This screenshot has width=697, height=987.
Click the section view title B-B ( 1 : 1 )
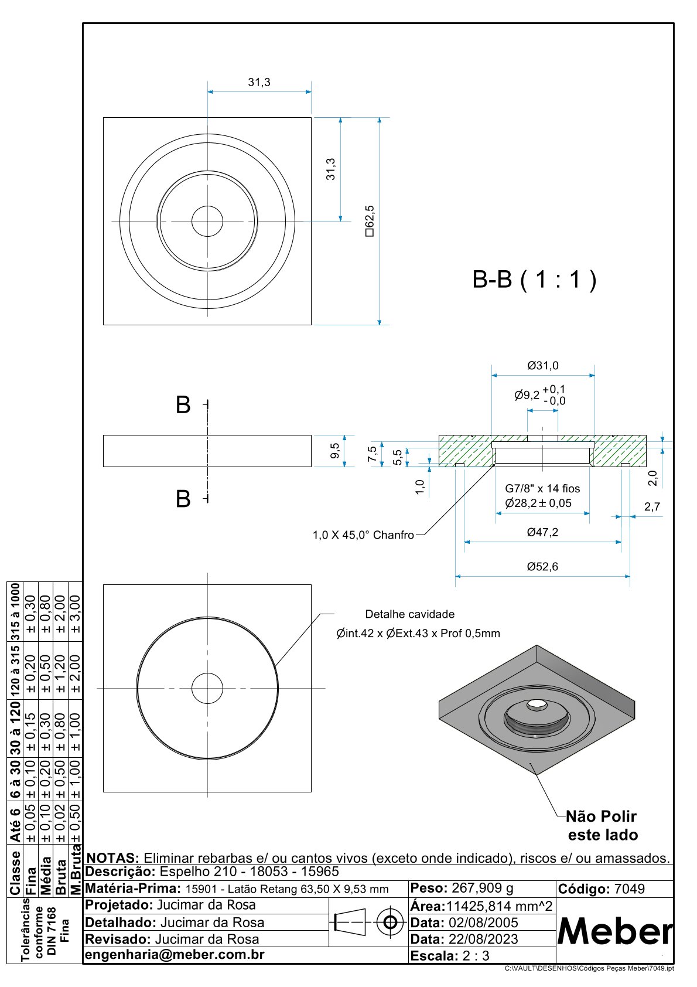point(534,280)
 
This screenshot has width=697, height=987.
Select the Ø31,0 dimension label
point(543,366)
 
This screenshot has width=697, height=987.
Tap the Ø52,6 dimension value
point(542,567)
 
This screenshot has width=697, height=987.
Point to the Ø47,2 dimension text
point(542,532)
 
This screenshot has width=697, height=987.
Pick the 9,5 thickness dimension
point(334,451)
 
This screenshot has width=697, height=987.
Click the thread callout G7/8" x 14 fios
point(542,488)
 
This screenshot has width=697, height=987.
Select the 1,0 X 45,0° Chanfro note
point(363,535)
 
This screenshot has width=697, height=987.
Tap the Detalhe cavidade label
point(409,614)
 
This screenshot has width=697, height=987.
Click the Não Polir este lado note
point(602,825)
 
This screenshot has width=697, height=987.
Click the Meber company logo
point(614,931)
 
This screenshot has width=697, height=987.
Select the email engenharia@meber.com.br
point(175,954)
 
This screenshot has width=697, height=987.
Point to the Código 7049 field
point(602,889)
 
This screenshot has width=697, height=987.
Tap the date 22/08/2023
point(483,939)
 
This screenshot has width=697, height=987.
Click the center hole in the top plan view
point(207,221)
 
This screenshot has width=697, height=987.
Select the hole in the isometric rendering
point(535,704)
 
